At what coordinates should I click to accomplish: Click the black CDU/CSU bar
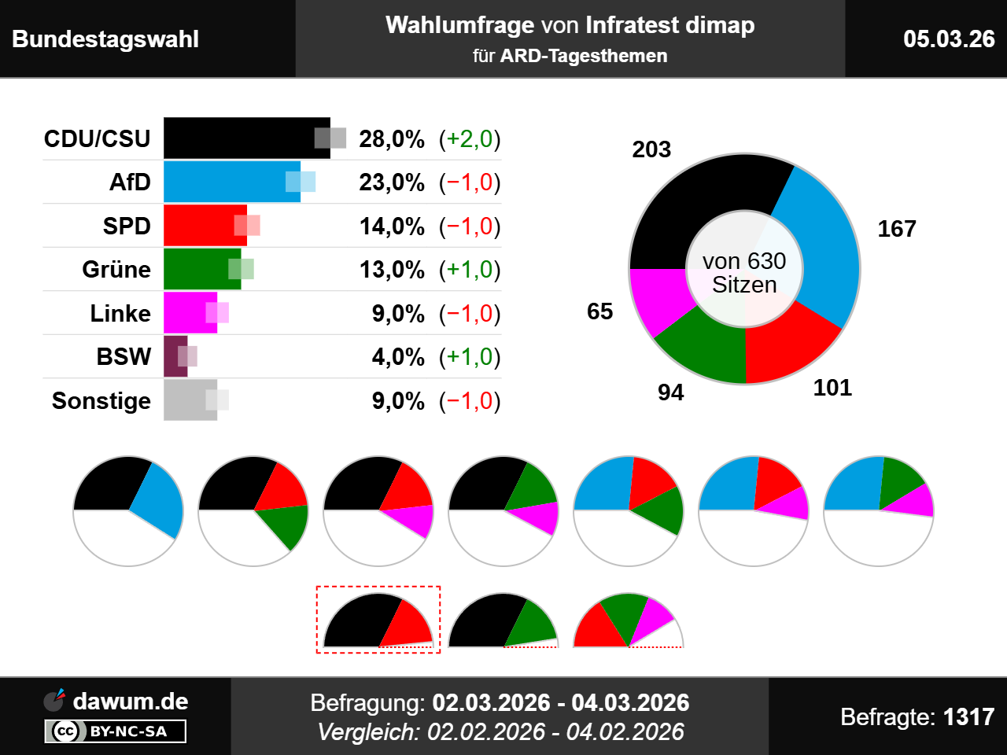[236, 138]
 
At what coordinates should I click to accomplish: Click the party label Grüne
[116, 270]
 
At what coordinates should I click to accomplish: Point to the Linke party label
[120, 313]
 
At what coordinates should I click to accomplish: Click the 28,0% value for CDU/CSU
[392, 139]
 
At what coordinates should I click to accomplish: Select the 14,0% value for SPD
[392, 226]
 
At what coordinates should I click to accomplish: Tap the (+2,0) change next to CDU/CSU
[470, 139]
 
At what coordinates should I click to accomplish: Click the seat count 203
[651, 149]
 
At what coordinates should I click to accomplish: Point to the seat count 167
[897, 229]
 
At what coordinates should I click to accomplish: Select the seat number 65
[599, 311]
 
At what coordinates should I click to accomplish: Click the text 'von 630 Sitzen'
[744, 272]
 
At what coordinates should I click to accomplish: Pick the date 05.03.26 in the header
[949, 39]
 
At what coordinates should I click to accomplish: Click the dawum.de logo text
[130, 701]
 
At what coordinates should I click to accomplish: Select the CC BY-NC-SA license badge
[116, 731]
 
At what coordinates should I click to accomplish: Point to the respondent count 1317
[968, 716]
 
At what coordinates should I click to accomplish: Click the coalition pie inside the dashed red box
[378, 623]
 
